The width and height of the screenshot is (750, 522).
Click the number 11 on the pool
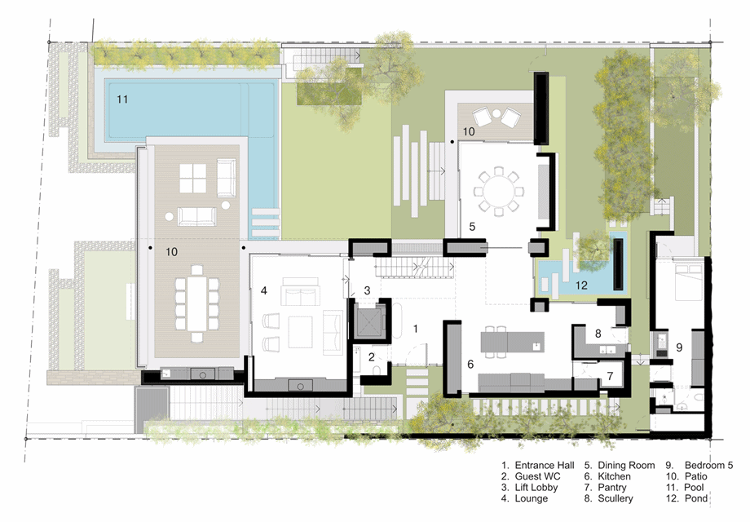click(122, 99)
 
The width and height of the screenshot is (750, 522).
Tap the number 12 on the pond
click(581, 285)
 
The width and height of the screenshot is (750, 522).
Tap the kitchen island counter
click(512, 342)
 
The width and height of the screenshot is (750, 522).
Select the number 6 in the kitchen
click(470, 364)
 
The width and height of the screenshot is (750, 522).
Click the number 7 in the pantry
click(611, 376)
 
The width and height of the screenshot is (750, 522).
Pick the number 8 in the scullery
click(598, 334)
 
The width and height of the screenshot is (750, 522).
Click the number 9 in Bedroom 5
click(679, 347)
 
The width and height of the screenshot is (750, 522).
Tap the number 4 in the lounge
click(263, 290)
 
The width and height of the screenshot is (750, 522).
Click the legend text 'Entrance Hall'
click(545, 465)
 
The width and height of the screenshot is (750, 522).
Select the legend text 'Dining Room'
click(626, 465)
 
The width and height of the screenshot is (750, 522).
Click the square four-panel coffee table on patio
click(192, 179)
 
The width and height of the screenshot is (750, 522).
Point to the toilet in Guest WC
click(377, 370)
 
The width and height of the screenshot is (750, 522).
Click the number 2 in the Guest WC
click(372, 357)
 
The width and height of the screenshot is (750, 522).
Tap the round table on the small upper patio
click(496, 113)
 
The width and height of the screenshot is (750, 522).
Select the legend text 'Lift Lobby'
click(536, 487)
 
